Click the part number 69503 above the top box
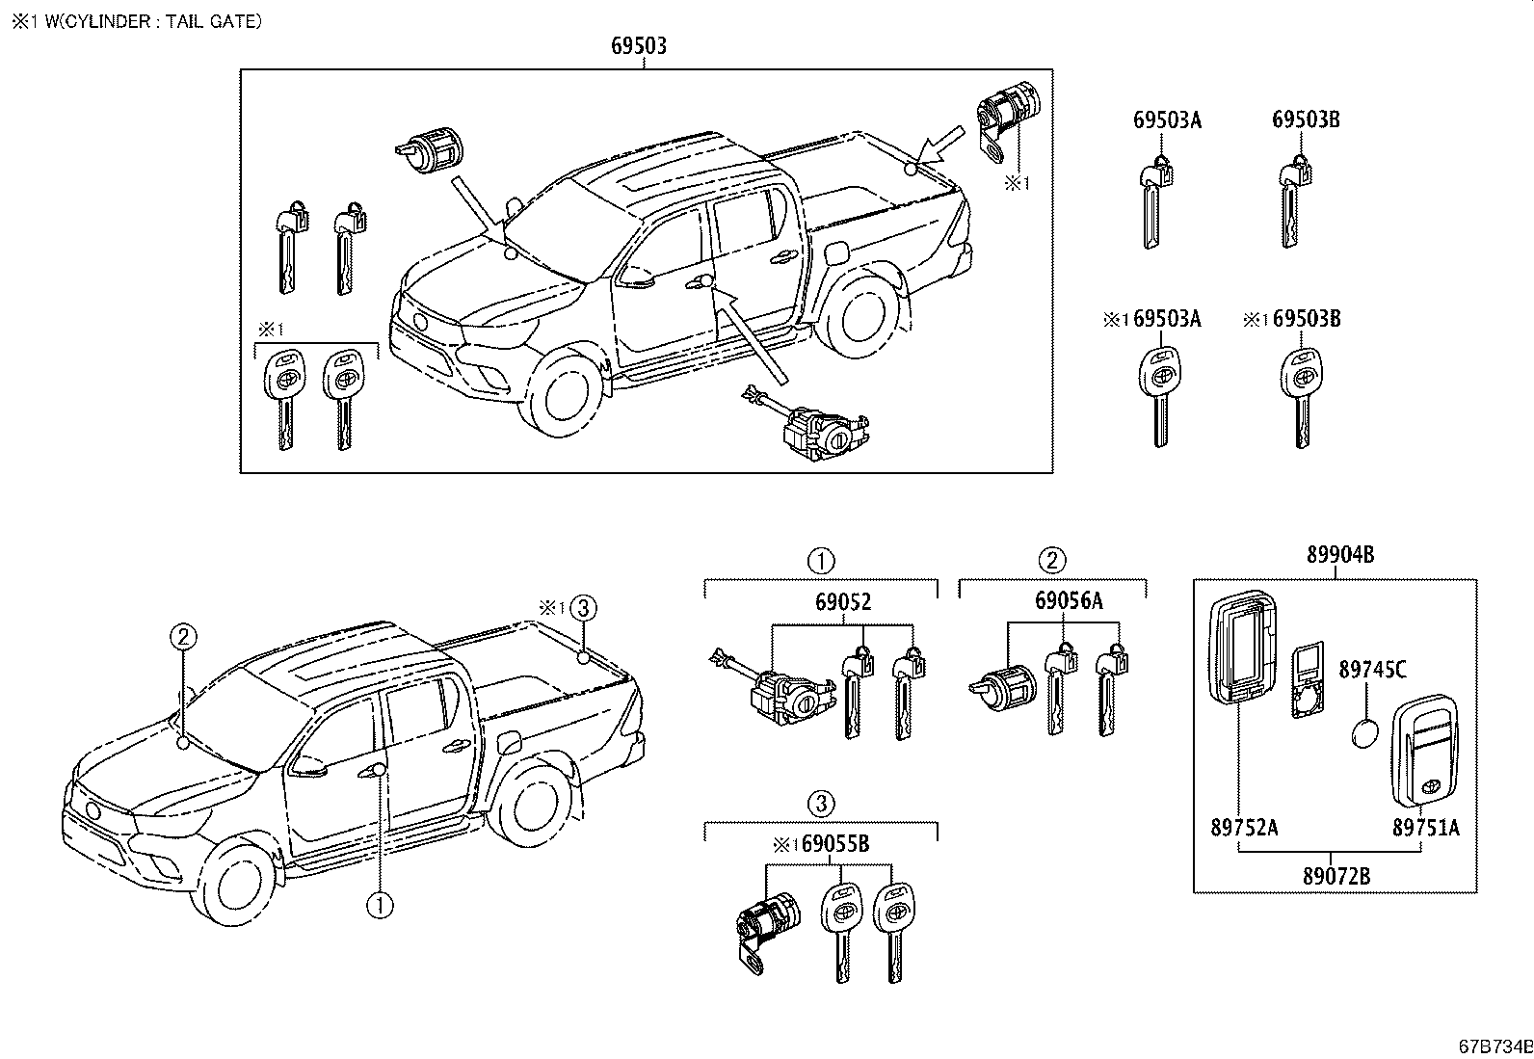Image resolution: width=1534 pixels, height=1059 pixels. [639, 45]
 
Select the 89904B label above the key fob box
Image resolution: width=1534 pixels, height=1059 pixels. [1339, 554]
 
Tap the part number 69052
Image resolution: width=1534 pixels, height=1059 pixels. [843, 602]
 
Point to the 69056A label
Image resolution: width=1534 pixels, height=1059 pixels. [1069, 601]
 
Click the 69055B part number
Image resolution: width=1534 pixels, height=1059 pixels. [834, 845]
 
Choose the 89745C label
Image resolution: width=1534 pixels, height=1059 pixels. [1372, 669]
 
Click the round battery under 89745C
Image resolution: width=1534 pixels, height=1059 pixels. [1365, 734]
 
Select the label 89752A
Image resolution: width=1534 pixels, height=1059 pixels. [1244, 827]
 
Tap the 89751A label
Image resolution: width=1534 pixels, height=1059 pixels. [1425, 827]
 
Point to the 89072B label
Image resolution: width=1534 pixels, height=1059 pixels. [1336, 876]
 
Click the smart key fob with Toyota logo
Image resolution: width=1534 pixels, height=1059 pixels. [1424, 749]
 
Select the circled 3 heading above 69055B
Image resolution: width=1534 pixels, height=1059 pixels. [820, 802]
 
